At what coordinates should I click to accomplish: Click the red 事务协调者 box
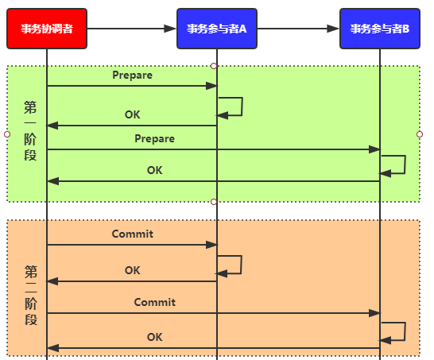click(47, 29)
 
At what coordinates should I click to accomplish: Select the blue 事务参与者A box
click(217, 29)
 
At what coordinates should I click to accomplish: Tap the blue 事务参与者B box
click(380, 29)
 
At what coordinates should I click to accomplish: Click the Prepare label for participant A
click(132, 75)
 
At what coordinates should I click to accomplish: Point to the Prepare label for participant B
click(154, 138)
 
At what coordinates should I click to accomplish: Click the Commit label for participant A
click(132, 234)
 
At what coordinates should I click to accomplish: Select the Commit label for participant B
click(154, 302)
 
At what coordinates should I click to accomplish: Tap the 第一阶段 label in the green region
click(30, 130)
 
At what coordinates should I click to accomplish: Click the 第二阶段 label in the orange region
click(31, 295)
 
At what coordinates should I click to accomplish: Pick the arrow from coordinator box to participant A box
click(131, 29)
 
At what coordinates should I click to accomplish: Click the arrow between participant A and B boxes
click(298, 29)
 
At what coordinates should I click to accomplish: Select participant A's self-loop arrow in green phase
click(242, 106)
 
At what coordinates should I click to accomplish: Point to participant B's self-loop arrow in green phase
click(405, 165)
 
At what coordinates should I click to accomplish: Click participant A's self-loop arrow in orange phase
click(242, 265)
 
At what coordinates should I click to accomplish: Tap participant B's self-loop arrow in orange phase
click(405, 331)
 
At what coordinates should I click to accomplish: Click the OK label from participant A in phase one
click(132, 114)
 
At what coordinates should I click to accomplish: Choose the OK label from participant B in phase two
click(154, 337)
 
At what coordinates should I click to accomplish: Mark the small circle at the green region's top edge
click(213, 66)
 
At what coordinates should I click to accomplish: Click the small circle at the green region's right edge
click(420, 134)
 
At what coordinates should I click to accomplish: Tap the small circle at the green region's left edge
click(7, 134)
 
